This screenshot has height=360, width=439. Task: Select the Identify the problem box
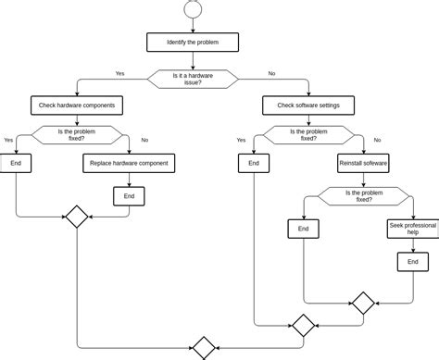coord(193,43)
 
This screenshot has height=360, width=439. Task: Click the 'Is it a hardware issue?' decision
coord(194,80)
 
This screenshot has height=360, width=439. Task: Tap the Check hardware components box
coord(73,106)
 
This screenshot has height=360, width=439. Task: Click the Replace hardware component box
coord(128,164)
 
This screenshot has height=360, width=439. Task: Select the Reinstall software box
coord(363,164)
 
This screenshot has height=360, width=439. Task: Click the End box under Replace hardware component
coord(129,196)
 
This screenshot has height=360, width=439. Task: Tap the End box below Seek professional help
coord(408,263)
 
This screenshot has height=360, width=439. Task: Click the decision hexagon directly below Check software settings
coord(307,135)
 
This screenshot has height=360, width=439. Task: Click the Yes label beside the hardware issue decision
coord(120,73)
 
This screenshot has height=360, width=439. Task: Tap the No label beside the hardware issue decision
coord(271,73)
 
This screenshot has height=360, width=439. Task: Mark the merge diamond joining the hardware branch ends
coord(75,217)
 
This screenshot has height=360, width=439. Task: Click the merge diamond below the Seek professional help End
coord(363,303)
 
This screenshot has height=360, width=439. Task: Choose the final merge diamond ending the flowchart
coord(203,348)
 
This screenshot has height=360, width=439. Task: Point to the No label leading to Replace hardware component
coord(144,140)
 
